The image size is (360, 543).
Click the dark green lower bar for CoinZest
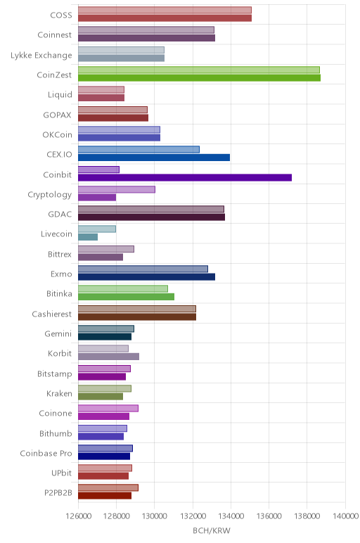199,77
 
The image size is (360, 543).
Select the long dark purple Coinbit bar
185,177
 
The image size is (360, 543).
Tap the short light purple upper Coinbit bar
98,170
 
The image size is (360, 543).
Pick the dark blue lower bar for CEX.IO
154,158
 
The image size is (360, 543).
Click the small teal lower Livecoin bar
88,237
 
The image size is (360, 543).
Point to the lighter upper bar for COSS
165,10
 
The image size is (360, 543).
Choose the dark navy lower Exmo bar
146,276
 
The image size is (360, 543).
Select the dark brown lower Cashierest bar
137,317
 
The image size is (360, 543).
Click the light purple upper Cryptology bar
117,189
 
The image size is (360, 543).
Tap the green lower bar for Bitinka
127,297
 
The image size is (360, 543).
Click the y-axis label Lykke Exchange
41,56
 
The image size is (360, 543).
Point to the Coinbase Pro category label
46,453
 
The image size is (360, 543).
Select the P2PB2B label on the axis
58,493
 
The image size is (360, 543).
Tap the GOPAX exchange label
57,115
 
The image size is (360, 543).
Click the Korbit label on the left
60,354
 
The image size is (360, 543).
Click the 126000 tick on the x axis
79,516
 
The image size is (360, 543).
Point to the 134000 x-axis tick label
231,516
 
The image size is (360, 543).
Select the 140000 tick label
345,516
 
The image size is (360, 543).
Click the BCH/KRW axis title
212,530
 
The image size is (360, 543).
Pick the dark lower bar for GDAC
152,217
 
